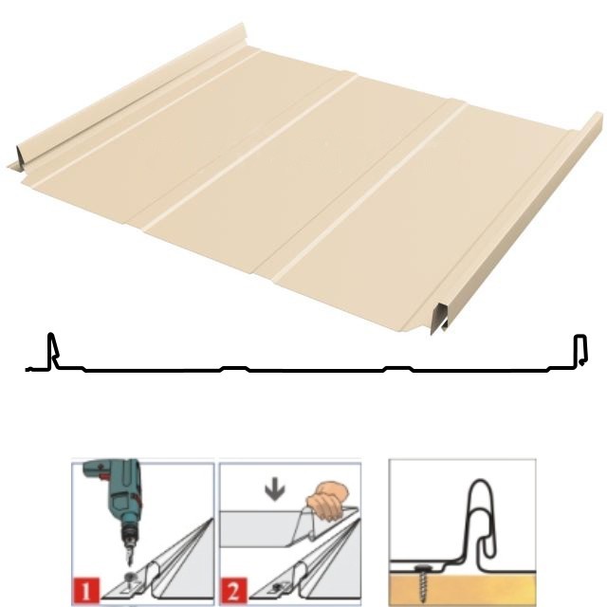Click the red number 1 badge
pos(85,590)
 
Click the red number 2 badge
pos(234,590)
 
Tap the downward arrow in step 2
pos(275,490)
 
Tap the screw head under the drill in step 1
pos(129,578)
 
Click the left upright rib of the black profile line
pos(51,350)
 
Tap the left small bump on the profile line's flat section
pos(234,368)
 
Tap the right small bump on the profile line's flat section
pos(398,368)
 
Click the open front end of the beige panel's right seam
pos(440,319)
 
